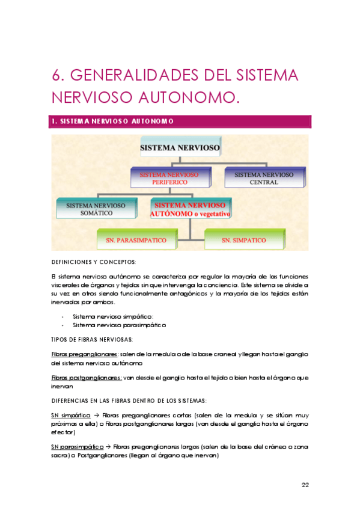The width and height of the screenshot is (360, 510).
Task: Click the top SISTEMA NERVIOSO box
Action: [x=180, y=147]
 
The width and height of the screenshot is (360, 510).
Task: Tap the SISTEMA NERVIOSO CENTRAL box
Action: [x=264, y=178]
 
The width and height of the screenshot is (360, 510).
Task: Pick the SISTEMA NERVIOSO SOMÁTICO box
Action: [x=96, y=209]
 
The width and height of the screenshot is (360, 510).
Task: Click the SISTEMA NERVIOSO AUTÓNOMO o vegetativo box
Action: [x=191, y=209]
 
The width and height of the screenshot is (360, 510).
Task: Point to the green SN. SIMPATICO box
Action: [x=243, y=240]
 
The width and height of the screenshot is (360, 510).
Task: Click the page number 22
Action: [x=305, y=485]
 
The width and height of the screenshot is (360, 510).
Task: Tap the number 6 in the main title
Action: [x=57, y=75]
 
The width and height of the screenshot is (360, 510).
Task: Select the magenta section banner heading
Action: [x=180, y=121]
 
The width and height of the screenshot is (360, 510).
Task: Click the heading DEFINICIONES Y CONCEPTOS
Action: [x=94, y=262]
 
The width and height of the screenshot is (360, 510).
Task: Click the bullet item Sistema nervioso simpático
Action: [x=112, y=316]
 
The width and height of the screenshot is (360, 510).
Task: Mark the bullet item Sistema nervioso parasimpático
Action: [x=118, y=325]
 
